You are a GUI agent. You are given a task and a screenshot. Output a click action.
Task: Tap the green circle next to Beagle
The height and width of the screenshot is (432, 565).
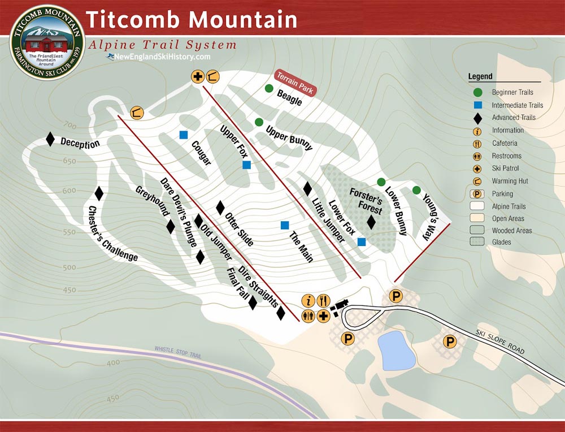(x=270, y=88)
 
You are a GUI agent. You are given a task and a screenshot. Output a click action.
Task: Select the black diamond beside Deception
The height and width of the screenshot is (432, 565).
(x=50, y=139)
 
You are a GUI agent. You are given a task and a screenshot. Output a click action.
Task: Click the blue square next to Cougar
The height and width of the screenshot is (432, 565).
(x=183, y=135)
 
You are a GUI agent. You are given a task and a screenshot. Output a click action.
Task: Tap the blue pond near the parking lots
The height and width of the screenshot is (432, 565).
(x=398, y=351)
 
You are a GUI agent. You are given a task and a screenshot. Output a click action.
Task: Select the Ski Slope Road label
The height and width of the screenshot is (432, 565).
(x=499, y=343)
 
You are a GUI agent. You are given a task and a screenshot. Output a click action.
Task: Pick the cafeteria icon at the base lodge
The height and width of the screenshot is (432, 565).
(x=324, y=301)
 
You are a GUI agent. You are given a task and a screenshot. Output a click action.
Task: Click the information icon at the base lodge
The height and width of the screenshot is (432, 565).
(x=308, y=301)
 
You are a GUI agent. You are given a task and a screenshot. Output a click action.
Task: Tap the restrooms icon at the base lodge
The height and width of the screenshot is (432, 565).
(x=308, y=316)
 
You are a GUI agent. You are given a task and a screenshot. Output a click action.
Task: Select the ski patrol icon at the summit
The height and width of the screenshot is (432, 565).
(x=198, y=76)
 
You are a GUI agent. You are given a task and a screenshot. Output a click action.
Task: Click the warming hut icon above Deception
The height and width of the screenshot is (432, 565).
(x=137, y=113)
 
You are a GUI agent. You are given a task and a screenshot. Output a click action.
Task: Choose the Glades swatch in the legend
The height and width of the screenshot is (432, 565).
(x=478, y=242)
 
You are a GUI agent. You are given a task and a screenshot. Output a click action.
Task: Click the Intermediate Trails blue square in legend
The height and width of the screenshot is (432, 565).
(x=477, y=105)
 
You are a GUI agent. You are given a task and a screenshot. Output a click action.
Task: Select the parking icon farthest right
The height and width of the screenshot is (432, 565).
(x=450, y=341)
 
